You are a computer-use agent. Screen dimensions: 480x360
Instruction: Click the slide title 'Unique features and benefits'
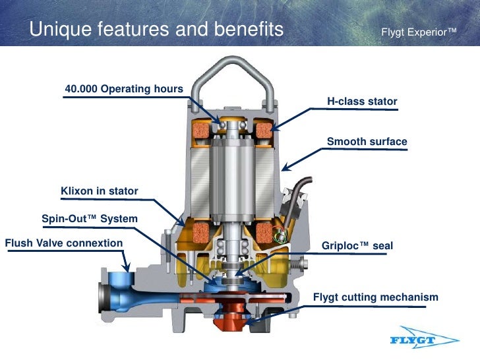point(156,30)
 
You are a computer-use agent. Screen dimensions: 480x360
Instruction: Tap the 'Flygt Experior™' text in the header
point(419,32)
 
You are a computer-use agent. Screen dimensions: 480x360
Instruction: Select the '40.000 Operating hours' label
point(124,89)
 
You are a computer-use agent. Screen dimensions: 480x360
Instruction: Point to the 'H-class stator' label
point(362,102)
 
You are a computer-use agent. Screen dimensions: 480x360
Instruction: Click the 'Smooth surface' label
point(367,142)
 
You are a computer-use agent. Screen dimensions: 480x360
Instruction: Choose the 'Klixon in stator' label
point(100,191)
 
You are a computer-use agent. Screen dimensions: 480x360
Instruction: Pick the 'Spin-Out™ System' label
point(90,218)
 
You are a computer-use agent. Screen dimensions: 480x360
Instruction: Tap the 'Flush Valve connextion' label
point(64,243)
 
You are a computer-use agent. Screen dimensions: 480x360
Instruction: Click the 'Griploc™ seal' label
point(357,246)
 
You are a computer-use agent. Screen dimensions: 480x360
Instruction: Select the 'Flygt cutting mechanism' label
point(375,297)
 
